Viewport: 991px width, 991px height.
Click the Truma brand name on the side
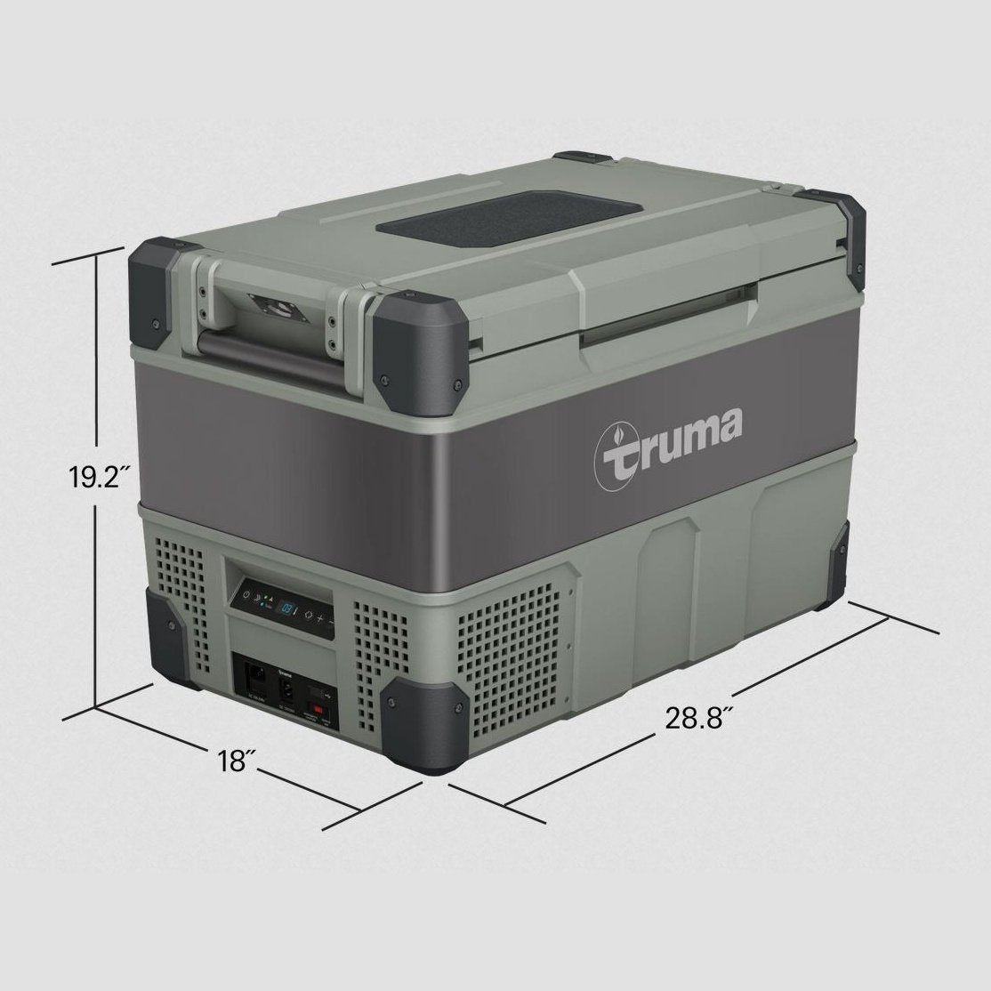(x=668, y=436)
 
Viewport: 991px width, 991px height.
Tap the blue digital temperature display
(x=291, y=607)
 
